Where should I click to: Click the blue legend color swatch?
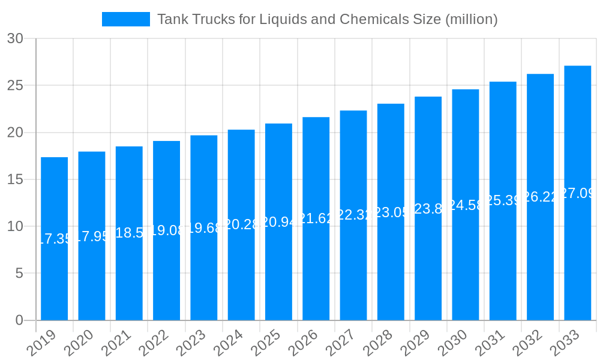tap(125, 19)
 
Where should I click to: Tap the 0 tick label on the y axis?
tap(19, 320)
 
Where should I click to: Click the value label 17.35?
tap(54, 239)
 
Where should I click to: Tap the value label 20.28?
tap(241, 224)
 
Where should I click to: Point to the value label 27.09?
tap(577, 193)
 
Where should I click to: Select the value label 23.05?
tap(391, 212)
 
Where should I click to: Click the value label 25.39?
tap(503, 200)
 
